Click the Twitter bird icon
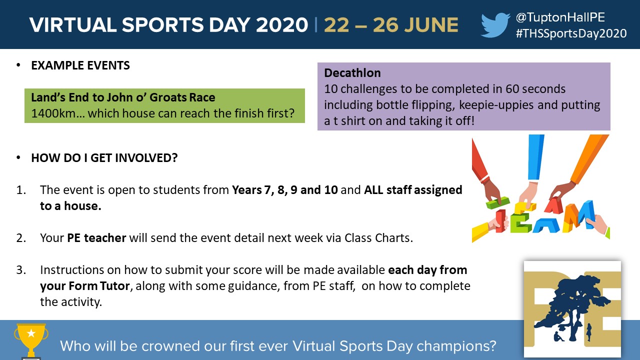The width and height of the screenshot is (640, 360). pyautogui.click(x=495, y=25)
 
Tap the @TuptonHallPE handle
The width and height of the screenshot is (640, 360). pyautogui.click(x=560, y=17)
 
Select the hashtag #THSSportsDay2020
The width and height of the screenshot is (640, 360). pyautogui.click(x=571, y=33)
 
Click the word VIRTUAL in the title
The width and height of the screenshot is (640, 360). pyautogui.click(x=73, y=25)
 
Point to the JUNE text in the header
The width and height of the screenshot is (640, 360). pyautogui.click(x=431, y=25)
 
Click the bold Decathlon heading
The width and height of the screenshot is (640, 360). pyautogui.click(x=352, y=73)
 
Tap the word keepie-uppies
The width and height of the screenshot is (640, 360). pyautogui.click(x=496, y=105)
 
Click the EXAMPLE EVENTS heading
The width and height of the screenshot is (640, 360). pyautogui.click(x=80, y=65)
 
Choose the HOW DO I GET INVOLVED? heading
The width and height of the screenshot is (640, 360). pyautogui.click(x=104, y=158)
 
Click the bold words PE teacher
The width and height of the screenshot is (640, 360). pyautogui.click(x=96, y=238)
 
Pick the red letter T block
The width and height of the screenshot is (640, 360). pyautogui.click(x=500, y=220)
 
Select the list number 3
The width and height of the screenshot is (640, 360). pyautogui.click(x=21, y=270)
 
